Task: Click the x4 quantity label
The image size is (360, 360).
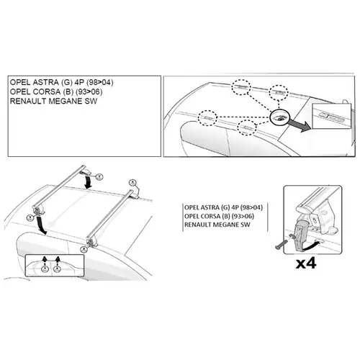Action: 306,264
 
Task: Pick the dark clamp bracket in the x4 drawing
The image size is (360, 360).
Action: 301,236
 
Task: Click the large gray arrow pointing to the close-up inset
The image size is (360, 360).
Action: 299,125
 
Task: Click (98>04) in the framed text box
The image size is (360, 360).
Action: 100,82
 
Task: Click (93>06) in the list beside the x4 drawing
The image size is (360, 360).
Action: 241,216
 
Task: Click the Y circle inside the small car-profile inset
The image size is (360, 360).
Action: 45,269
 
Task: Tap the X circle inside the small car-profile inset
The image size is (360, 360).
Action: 57,269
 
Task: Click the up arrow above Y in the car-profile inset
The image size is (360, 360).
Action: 45,260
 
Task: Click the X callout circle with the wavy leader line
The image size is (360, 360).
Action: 132,183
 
